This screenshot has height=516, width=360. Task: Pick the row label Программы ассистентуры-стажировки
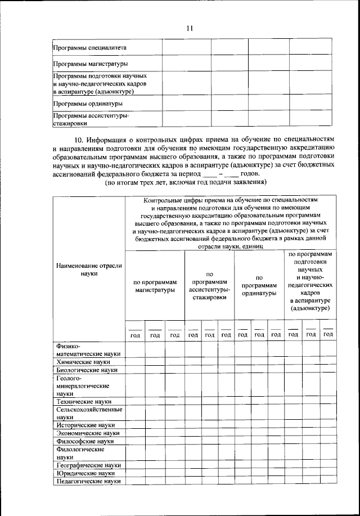pos(91,119)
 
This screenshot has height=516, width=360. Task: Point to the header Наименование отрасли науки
pos(89,268)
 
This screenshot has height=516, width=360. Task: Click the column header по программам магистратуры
pos(155,285)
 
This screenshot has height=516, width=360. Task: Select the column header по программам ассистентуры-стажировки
pos(209,285)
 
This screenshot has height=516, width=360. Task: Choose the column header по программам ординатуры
pos(259,285)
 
